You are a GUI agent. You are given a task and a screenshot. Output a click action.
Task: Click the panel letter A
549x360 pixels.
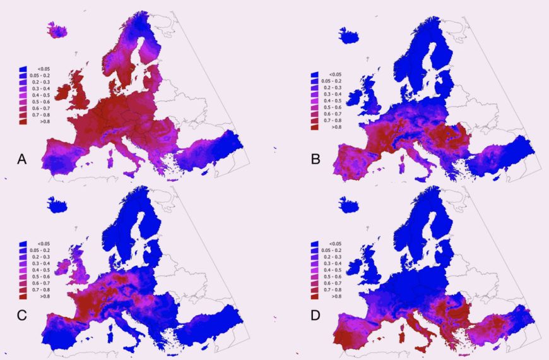pos(21,160)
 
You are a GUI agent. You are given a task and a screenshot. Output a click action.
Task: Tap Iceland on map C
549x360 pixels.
pos(58,205)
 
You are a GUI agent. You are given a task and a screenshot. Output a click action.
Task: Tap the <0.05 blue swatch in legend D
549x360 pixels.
pos(314,243)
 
